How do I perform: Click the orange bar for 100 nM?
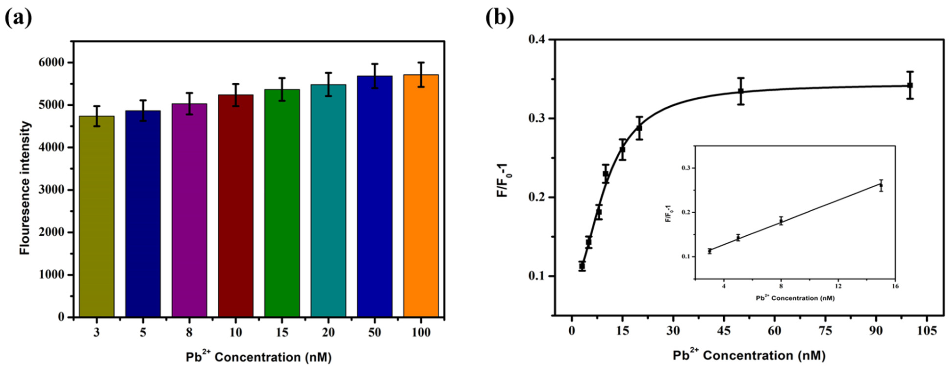(421, 196)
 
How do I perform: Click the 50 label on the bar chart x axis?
(374, 332)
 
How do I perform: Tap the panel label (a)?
(18, 18)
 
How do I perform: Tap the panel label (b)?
(500, 18)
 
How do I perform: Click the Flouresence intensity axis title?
(25, 189)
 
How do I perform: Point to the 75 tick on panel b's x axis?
(826, 331)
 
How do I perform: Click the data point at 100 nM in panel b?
(910, 85)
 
